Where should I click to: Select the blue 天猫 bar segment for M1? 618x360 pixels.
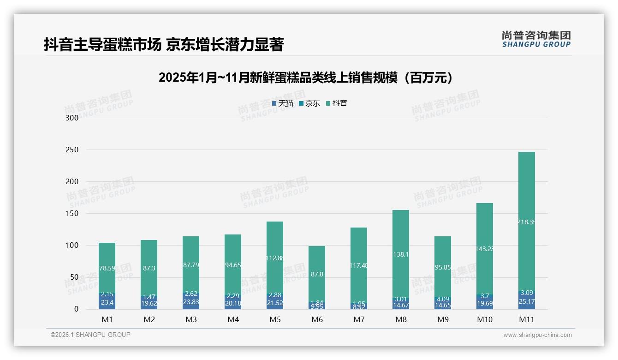click(x=107, y=302)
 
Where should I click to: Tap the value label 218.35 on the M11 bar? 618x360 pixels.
click(x=526, y=222)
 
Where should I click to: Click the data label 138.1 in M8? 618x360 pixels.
click(x=400, y=254)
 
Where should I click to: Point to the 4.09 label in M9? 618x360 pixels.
click(x=442, y=299)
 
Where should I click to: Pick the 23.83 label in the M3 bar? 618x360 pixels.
click(x=191, y=302)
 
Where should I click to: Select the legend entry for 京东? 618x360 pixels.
click(x=309, y=103)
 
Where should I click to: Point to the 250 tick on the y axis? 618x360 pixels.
click(x=72, y=150)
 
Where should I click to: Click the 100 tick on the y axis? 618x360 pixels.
click(x=72, y=246)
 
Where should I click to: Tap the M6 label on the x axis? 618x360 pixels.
click(x=317, y=319)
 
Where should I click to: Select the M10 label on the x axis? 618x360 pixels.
click(x=484, y=319)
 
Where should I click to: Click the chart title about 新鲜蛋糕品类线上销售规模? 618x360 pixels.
click(x=308, y=78)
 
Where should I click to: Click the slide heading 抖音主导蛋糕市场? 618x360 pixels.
click(x=163, y=45)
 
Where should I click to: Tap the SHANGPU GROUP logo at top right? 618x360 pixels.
click(x=536, y=39)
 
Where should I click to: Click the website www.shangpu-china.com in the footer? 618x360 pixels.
click(x=537, y=335)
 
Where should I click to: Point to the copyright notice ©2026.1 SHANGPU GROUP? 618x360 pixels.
click(x=90, y=335)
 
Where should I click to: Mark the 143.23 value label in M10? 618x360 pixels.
click(x=484, y=249)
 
